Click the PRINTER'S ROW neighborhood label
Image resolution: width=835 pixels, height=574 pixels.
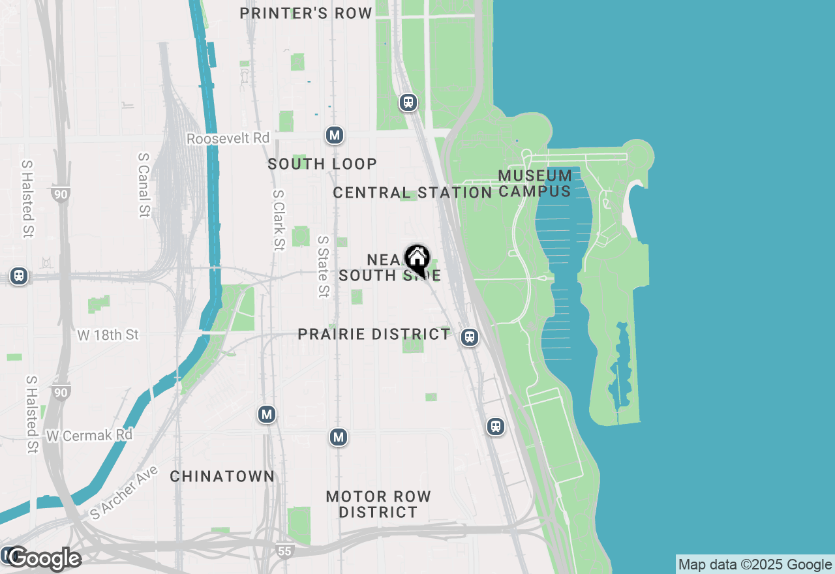306,13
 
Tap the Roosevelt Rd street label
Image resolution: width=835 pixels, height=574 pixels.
228,138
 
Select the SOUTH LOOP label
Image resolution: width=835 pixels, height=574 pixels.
322,164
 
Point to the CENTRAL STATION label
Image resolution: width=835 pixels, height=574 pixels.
412,192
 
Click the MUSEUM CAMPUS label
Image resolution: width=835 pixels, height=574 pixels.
536,183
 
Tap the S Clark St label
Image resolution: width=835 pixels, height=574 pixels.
279,220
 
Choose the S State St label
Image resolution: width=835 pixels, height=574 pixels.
323,266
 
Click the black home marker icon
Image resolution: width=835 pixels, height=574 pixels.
417,260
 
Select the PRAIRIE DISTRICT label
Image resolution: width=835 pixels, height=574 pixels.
374,335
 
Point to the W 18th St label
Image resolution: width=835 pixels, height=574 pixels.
108,335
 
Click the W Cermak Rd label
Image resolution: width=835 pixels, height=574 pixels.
89,435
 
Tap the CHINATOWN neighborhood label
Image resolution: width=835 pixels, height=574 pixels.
222,477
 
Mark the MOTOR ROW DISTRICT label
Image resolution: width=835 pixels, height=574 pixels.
378,504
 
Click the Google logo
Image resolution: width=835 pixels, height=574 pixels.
44,559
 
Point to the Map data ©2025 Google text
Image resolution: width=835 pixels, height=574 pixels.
755,565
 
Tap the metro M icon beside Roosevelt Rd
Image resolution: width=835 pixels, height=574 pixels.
335,135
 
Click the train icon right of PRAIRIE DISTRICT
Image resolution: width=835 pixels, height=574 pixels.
469,337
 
